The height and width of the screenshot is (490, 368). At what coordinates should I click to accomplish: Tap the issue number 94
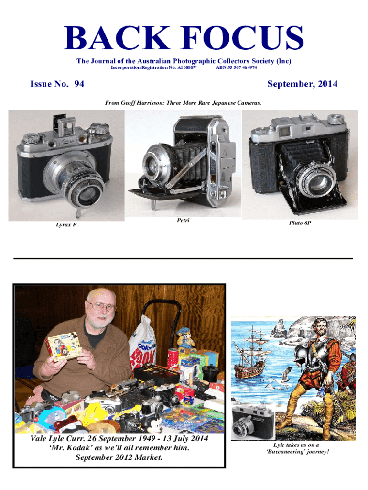(79, 84)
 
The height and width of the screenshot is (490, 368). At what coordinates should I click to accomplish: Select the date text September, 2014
(302, 84)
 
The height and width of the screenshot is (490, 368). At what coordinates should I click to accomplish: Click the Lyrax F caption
(66, 225)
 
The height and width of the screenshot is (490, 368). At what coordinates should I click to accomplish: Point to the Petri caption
(183, 220)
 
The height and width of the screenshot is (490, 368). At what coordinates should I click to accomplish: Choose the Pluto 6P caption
(300, 223)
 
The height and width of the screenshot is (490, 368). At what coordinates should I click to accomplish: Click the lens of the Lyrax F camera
(85, 194)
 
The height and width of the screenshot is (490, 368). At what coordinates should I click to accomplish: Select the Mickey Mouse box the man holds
(63, 346)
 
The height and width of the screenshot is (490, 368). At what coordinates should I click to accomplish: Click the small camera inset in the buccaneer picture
(253, 422)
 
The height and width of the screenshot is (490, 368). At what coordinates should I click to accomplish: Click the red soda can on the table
(173, 358)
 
